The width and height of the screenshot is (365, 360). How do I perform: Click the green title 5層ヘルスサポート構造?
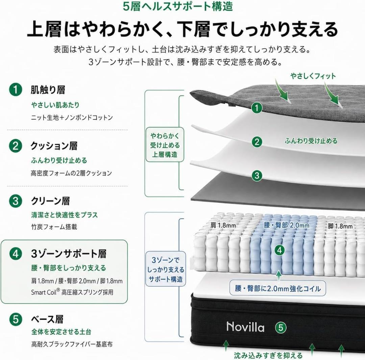click(x=178, y=6)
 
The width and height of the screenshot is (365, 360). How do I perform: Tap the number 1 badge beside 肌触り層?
click(x=16, y=90)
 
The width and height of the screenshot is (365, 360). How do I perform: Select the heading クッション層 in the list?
click(x=54, y=146)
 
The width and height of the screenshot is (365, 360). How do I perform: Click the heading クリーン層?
click(x=50, y=201)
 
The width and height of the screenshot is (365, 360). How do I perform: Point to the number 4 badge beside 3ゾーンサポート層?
click(x=16, y=254)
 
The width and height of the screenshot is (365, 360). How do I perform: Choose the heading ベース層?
click(x=47, y=319)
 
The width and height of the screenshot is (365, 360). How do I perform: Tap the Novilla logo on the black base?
click(x=245, y=327)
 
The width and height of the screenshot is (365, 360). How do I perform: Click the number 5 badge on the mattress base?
click(x=281, y=328)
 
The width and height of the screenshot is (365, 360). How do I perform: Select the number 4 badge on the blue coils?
click(x=279, y=250)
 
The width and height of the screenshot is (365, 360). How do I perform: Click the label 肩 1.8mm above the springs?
click(x=223, y=225)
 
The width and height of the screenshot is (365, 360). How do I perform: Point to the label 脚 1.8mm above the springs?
click(x=340, y=226)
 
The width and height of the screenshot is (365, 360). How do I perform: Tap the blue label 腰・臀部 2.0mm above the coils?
click(x=287, y=225)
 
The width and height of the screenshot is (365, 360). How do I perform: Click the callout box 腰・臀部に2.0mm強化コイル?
click(x=278, y=289)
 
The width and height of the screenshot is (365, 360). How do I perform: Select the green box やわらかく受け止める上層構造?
click(x=165, y=145)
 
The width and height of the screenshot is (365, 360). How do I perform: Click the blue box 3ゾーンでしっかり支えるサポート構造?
click(x=166, y=269)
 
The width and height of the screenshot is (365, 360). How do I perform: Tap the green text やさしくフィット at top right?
click(x=313, y=76)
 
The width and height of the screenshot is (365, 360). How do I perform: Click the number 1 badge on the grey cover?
click(x=257, y=108)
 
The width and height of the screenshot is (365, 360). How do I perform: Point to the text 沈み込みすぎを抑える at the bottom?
click(x=268, y=355)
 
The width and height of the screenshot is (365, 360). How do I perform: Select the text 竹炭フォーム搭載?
click(x=54, y=227)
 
